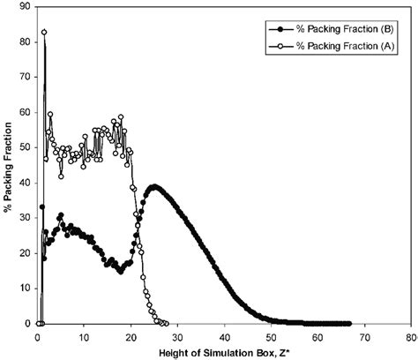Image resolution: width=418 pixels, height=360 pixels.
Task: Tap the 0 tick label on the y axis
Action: [x=27, y=324]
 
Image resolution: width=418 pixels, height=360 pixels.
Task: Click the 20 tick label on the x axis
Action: [x=131, y=337]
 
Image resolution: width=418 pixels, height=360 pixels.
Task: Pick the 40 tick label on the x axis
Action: [x=224, y=337]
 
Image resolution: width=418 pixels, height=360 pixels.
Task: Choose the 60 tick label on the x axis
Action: [x=317, y=337]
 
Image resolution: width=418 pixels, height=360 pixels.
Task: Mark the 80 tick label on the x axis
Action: [x=409, y=337]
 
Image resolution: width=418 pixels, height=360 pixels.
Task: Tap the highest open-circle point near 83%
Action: [x=44, y=32]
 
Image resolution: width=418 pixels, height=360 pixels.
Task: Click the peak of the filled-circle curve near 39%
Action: [x=154, y=187]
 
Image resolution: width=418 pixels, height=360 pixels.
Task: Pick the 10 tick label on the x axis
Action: [x=85, y=337]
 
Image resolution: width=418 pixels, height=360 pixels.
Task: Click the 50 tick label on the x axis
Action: [x=271, y=337]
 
